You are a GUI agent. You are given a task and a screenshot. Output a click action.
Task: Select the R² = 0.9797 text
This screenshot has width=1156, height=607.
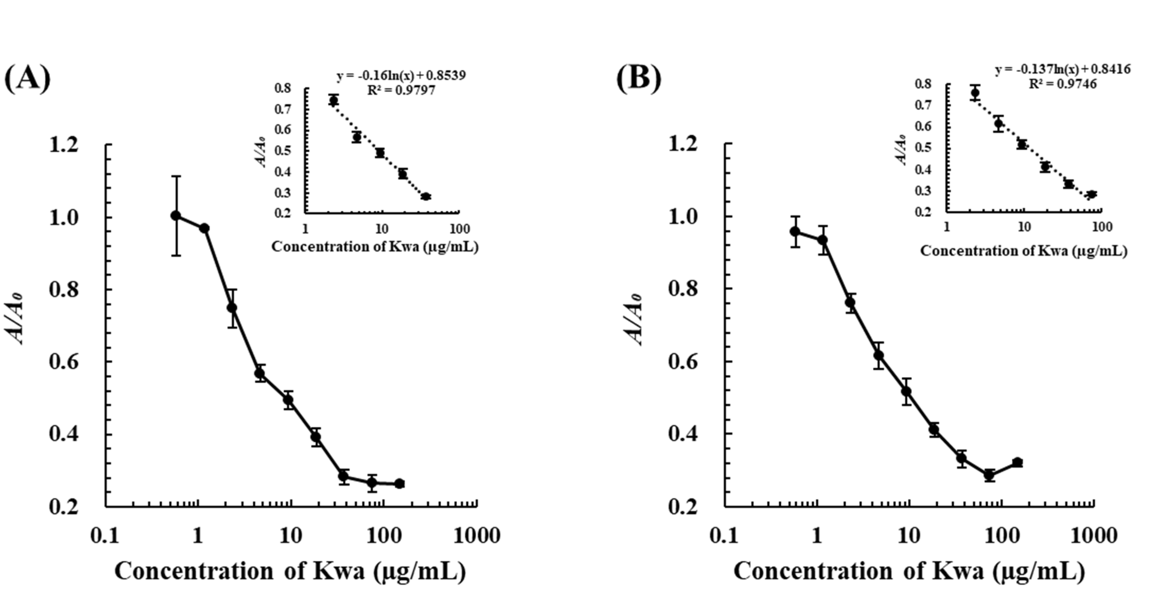[x=401, y=90]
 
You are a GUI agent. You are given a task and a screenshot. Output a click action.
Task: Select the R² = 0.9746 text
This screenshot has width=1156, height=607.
[x=1062, y=84]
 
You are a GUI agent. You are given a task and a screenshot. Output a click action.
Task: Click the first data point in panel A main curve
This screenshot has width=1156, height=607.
[x=176, y=215]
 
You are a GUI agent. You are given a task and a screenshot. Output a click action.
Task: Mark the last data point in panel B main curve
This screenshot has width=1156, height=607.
[x=1017, y=462]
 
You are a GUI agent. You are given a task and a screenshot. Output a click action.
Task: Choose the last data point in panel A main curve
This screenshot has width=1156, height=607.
[x=399, y=484]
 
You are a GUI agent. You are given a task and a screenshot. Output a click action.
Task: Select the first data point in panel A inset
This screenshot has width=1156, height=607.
[x=333, y=100]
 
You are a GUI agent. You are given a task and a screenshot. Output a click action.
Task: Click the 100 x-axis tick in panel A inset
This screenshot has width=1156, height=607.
[x=459, y=229]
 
